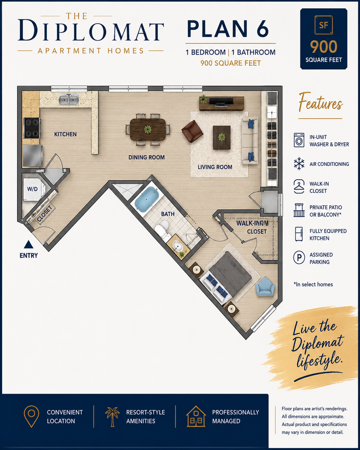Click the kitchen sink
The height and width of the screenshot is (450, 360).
[x=69, y=100]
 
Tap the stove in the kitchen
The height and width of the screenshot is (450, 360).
[x=32, y=128]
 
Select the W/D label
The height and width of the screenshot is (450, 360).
[x=32, y=189]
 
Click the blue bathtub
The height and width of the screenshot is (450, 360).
[x=147, y=199]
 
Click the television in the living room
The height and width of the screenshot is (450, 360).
[x=221, y=101]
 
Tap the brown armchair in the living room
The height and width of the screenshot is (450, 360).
[x=192, y=131]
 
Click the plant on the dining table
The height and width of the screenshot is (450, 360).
[x=148, y=129]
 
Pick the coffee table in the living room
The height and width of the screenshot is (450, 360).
[x=222, y=137]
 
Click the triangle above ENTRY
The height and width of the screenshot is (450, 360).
[x=28, y=244]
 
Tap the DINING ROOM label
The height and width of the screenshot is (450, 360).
[x=146, y=157]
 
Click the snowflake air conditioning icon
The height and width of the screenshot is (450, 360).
[x=299, y=164]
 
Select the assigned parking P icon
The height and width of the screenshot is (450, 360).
[x=299, y=257]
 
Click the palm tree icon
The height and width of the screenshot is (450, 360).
[x=112, y=416]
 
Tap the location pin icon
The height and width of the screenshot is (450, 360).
[x=31, y=416]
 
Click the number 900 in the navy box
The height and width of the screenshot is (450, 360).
[x=323, y=47]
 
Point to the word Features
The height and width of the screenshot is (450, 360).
[x=320, y=102]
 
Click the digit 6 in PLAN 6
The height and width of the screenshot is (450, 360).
[x=262, y=29]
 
